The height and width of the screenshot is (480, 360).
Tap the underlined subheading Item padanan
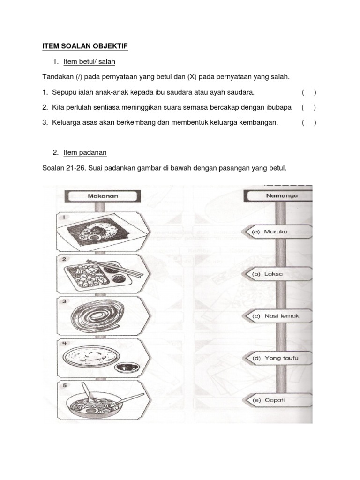coord(85,152)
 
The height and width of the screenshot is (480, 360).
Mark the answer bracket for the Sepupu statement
coord(308,93)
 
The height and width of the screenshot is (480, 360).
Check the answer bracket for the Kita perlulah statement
coord(308,107)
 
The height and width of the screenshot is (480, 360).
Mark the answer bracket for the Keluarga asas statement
coord(308,123)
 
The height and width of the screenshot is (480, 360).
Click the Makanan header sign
coord(103,196)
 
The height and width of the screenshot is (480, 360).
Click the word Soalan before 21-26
coord(53,167)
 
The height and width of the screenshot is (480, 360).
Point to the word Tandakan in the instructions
coord(57,76)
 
